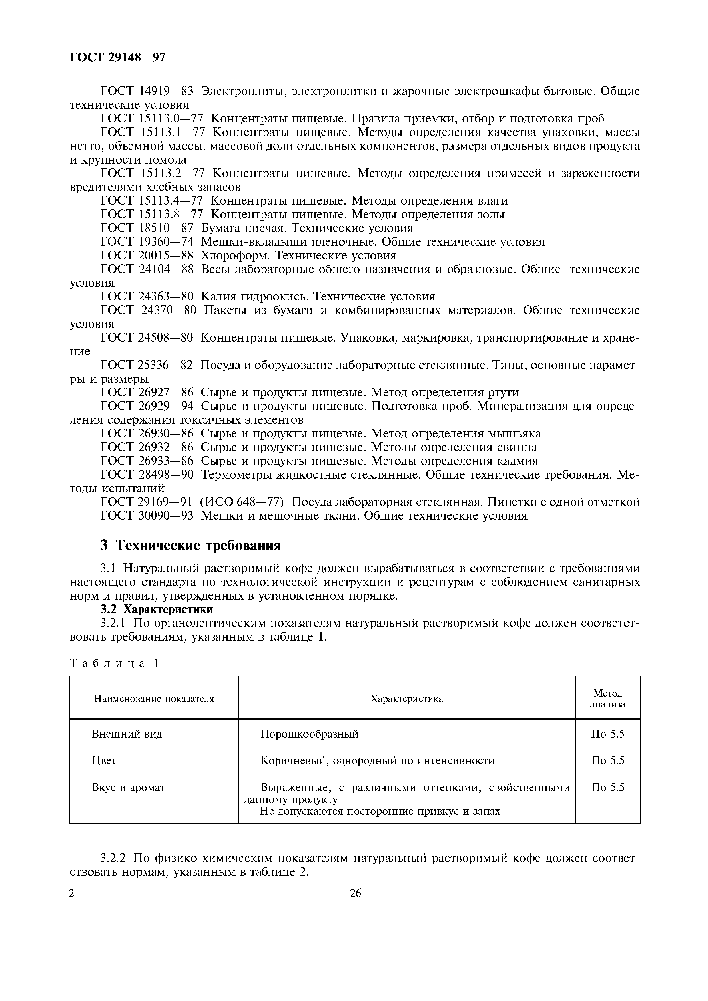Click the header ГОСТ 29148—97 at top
[x=117, y=57]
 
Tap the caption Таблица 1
[x=114, y=663]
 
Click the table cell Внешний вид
[x=127, y=734]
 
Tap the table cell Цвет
[x=104, y=761]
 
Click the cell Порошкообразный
[x=309, y=734]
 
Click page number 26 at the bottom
[x=355, y=893]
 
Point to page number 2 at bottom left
[x=72, y=893]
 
